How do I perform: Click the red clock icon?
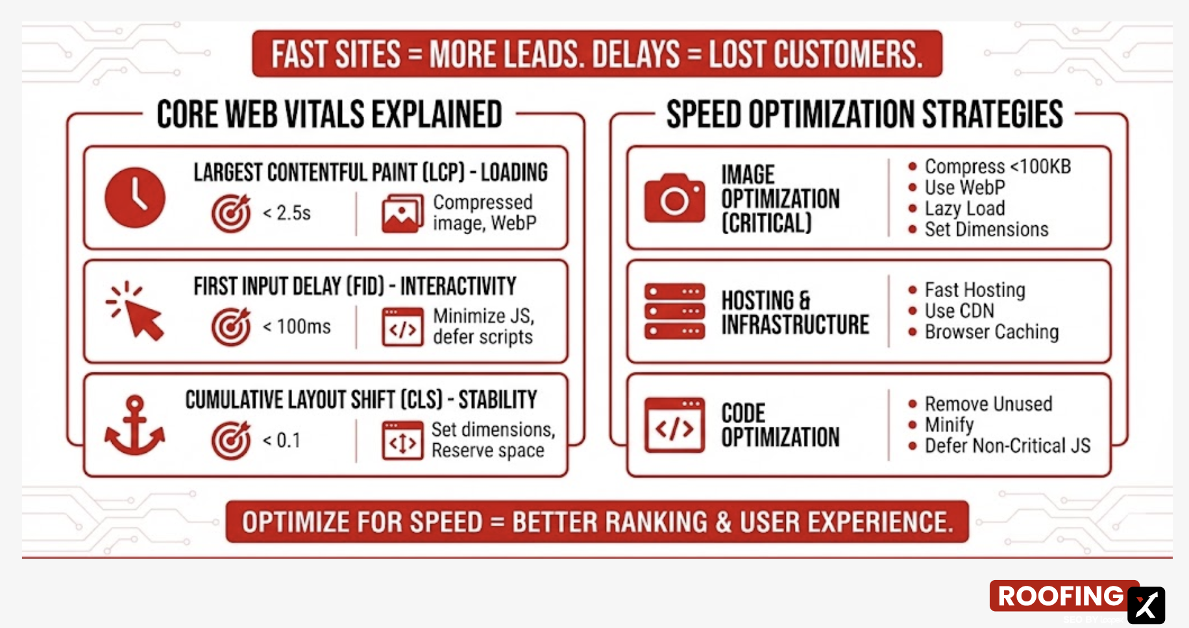(135, 198)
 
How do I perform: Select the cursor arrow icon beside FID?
(136, 311)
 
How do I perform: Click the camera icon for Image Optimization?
(674, 198)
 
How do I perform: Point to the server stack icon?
(674, 311)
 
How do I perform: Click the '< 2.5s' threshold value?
(286, 213)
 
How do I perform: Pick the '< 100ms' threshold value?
(297, 326)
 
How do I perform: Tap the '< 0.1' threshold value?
(282, 441)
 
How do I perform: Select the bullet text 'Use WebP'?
(964, 187)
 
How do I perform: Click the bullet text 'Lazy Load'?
(964, 208)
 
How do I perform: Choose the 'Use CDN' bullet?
(959, 311)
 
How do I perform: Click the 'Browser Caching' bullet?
(991, 332)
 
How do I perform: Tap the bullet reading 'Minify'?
(949, 425)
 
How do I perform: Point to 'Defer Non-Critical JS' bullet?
(1007, 446)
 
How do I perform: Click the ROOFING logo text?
(1060, 596)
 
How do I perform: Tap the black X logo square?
(1146, 605)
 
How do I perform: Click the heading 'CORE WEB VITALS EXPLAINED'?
(329, 115)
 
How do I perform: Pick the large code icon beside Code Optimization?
(674, 426)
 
